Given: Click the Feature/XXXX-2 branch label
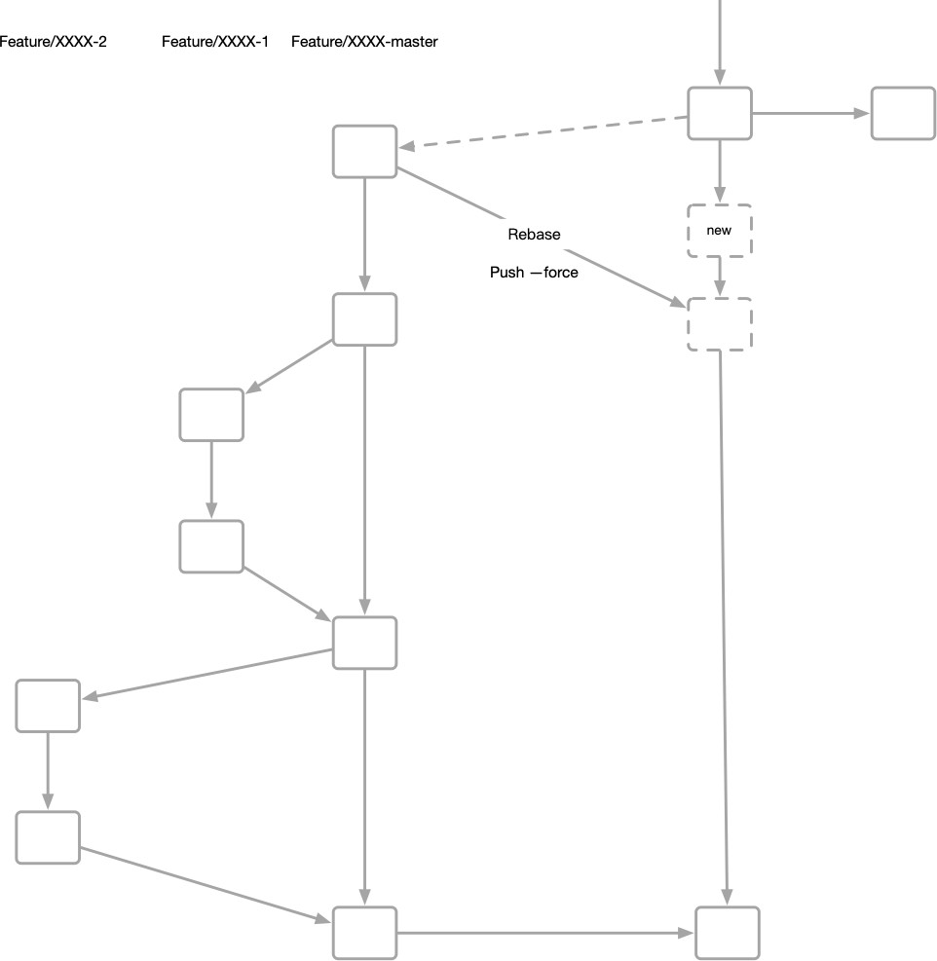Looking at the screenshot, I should (53, 42).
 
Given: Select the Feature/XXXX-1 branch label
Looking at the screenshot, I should (214, 42).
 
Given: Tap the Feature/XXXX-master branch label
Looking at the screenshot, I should (364, 42).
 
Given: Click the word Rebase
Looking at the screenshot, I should (534, 235).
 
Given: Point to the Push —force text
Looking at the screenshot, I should (534, 273).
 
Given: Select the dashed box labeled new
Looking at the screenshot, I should (720, 231).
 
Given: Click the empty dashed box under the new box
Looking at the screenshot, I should (720, 324).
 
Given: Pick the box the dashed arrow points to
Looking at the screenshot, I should (365, 151).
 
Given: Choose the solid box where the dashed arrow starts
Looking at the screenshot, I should (720, 113).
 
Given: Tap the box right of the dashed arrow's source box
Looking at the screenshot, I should (902, 113).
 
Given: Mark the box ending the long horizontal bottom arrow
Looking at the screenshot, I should (727, 933).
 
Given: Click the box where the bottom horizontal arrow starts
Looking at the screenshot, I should (365, 933).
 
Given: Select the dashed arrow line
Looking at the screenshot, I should (545, 132).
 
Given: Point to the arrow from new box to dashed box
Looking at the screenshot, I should (720, 277).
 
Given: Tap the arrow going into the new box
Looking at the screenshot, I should (720, 171).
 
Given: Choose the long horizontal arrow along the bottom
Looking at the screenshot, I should (545, 933).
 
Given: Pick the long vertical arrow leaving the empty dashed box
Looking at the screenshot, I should (723, 623).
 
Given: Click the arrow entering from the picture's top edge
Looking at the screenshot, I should (720, 39).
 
